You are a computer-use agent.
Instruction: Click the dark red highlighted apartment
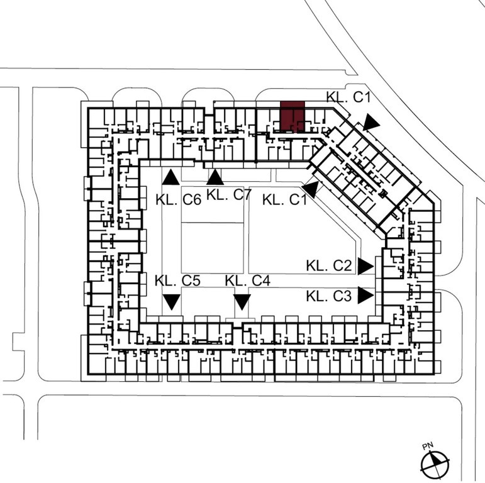point(293,116)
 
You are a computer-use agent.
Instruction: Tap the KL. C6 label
point(179,200)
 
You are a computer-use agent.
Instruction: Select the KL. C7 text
point(228,195)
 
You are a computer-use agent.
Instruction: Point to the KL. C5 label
point(177,280)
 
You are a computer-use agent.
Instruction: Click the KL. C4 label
point(248,280)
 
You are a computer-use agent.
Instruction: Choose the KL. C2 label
point(329,265)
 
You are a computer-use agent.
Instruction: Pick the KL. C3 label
point(329,296)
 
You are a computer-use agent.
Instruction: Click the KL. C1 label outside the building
point(348,97)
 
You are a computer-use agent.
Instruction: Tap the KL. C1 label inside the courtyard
point(285,200)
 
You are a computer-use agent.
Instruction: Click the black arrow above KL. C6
point(170,177)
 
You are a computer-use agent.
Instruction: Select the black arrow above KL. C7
point(215,177)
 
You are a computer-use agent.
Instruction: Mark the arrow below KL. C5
point(171,302)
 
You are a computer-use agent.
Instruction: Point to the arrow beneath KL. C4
point(242,302)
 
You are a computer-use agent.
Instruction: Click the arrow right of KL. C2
point(366,266)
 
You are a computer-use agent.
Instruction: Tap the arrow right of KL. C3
point(366,296)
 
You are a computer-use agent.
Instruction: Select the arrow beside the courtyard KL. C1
point(311,189)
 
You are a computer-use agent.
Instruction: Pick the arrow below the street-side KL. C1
point(371,122)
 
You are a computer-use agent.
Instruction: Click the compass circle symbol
point(435,465)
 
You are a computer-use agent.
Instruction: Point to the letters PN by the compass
point(428,446)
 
